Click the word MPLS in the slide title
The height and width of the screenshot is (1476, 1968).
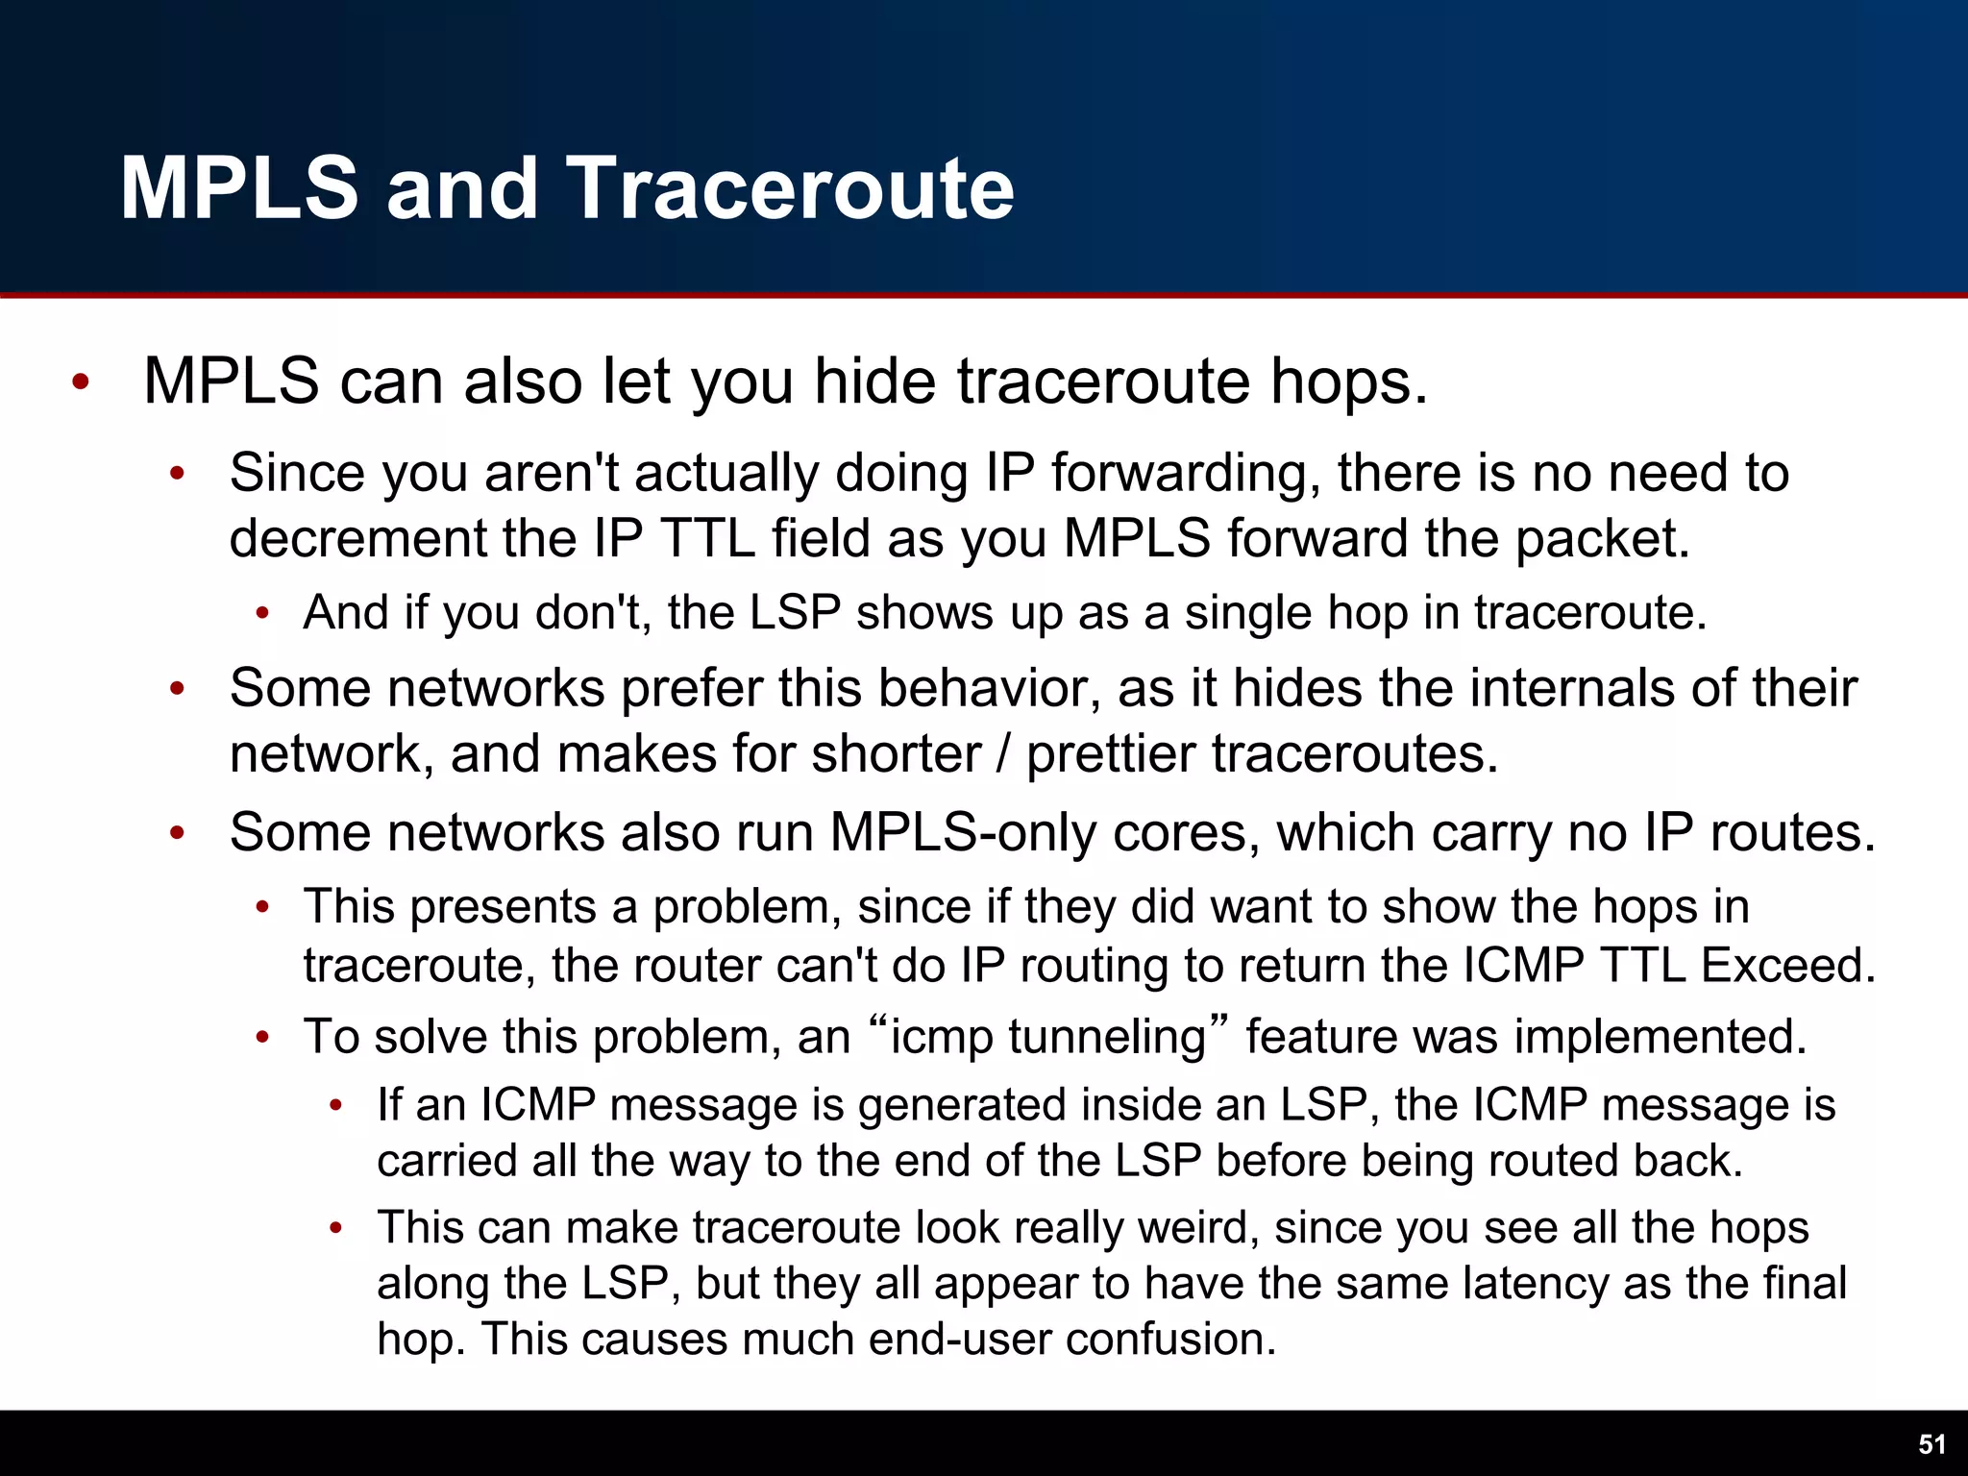pos(239,188)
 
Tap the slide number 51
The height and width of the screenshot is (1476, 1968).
pos(1931,1444)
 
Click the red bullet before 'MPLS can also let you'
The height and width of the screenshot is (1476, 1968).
pos(81,382)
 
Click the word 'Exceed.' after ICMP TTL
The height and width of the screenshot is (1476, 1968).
pos(1788,966)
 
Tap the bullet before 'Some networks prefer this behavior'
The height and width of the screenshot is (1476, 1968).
pos(177,689)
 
